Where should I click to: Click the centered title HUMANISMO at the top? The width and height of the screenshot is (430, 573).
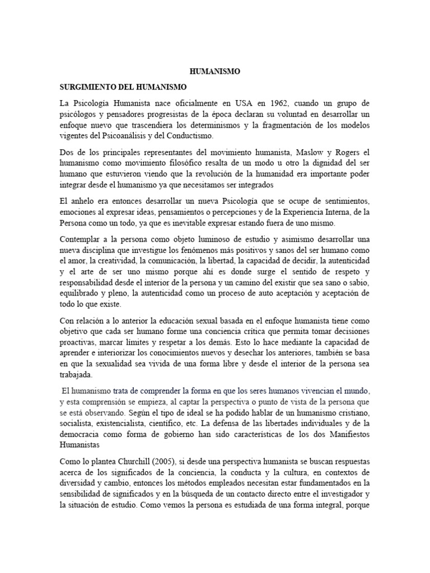pos(215,72)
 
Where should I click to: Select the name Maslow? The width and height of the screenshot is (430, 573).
pos(302,152)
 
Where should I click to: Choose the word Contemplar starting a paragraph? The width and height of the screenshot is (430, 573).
pos(83,238)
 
